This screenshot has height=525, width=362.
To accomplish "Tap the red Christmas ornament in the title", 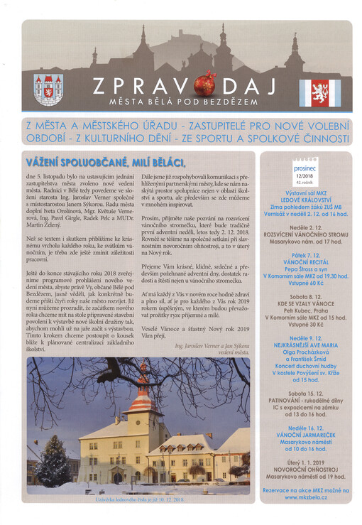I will tap(204, 85).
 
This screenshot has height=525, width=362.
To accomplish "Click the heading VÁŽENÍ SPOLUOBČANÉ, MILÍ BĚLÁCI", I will tap(109, 162).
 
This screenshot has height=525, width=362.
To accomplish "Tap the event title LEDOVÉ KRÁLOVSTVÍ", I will tap(306, 200).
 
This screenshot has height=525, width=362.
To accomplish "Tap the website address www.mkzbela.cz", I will tap(306, 497).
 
